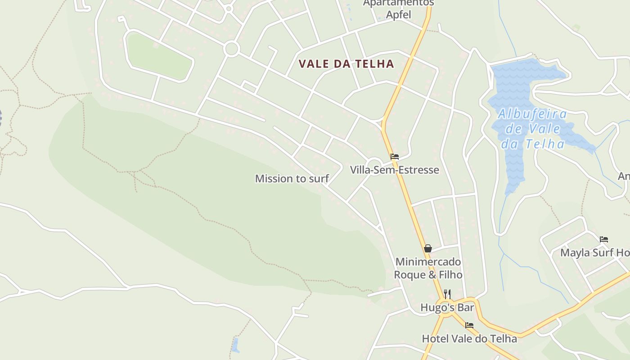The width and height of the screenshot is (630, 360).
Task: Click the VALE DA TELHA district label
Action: tap(346, 64)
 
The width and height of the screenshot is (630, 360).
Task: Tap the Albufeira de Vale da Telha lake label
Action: tap(532, 129)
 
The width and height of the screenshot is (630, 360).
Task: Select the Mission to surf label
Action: tap(292, 179)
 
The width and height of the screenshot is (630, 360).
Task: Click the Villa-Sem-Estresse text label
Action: tap(395, 170)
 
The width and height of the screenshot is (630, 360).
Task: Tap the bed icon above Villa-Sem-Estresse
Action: tap(395, 157)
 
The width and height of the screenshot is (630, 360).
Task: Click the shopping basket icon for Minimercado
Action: tap(428, 248)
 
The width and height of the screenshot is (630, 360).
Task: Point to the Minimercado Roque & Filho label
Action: tap(428, 268)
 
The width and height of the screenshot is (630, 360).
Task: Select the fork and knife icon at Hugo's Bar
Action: tap(447, 294)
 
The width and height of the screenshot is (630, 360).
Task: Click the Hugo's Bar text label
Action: tap(447, 307)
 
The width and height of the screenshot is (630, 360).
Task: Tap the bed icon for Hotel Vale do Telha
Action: tap(469, 325)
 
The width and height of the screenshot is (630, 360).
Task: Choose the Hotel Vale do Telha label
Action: tap(469, 338)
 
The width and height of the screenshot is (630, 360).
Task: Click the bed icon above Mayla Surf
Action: tap(604, 239)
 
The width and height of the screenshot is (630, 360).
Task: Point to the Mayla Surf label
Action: tap(594, 253)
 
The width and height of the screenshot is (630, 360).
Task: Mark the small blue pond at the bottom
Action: tap(235, 345)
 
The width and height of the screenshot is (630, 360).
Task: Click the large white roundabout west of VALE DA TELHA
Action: tap(232, 49)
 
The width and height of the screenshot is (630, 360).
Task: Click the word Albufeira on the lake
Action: tap(532, 113)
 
